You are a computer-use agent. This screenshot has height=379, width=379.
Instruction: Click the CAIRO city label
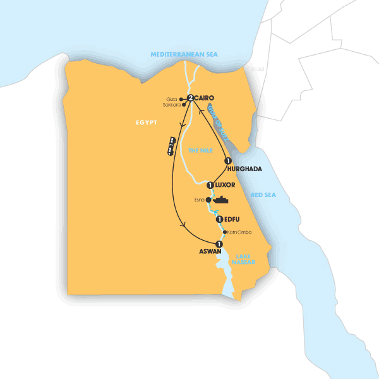206,98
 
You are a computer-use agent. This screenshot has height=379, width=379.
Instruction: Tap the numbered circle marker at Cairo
189,98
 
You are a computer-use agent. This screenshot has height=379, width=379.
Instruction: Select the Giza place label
172,99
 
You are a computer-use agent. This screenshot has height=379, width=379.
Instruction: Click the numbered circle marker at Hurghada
228,160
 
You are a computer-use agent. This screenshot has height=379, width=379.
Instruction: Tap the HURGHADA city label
244,169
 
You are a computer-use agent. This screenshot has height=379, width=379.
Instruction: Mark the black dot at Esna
209,200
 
